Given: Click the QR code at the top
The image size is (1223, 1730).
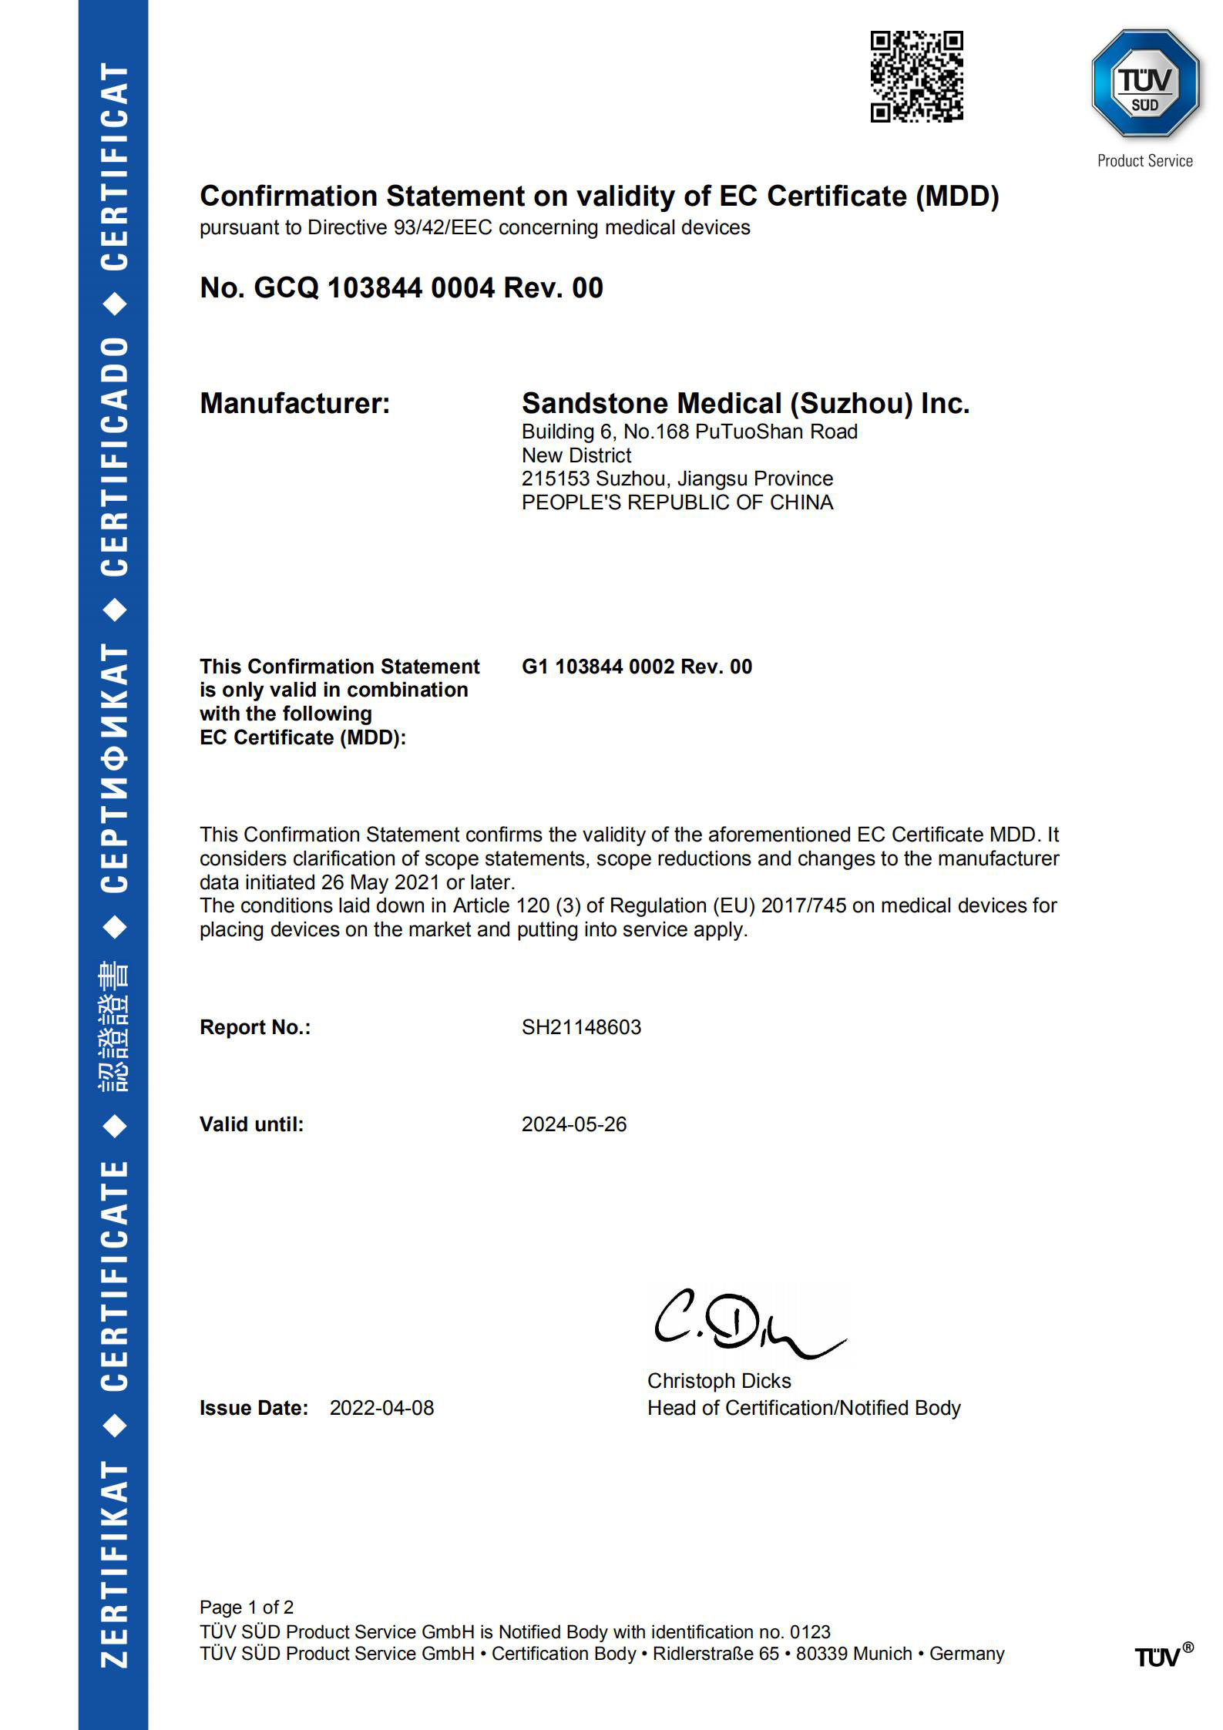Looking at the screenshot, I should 916,76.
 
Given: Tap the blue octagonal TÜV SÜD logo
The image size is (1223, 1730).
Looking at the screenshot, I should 1145,83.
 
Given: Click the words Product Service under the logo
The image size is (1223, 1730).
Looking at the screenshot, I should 1144,161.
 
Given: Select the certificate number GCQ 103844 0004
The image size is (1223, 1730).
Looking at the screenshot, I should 374,288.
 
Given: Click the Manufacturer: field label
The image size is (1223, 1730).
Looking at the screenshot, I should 294,404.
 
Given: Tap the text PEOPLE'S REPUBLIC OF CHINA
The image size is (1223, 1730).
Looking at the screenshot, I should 677,502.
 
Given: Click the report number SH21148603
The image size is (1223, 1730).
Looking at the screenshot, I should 581,1027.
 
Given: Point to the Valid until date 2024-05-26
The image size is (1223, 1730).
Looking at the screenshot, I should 574,1124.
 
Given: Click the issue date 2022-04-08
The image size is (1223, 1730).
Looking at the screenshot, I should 381,1408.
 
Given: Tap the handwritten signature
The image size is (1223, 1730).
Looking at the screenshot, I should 744,1324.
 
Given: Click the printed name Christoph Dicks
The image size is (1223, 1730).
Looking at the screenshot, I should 718,1381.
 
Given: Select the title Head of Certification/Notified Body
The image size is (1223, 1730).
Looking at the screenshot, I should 803,1408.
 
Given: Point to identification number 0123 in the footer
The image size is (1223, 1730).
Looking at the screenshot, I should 811,1631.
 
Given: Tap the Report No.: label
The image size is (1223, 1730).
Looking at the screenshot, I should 254,1027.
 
